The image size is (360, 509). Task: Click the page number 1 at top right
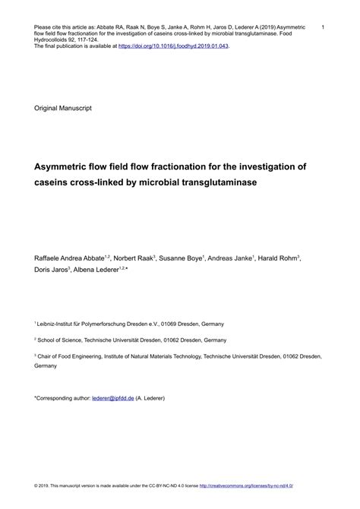324,27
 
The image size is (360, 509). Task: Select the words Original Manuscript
63,109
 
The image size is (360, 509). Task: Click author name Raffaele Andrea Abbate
71,259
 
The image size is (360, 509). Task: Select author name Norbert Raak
135,259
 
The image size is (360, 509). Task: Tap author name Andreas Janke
232,259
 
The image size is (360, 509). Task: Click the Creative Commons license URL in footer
254,484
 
